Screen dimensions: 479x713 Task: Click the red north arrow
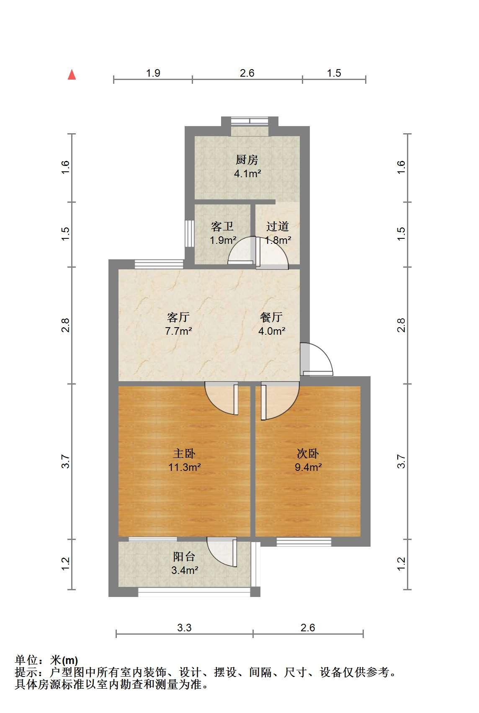point(72,75)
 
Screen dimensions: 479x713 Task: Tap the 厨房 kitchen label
point(247,160)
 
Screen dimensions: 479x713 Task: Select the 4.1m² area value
point(247,173)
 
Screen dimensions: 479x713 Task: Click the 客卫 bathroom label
point(222,226)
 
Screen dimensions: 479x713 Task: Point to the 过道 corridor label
point(277,226)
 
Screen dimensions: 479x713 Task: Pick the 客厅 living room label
point(178,317)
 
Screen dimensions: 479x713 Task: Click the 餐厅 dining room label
point(271,317)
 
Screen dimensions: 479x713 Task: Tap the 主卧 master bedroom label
point(184,453)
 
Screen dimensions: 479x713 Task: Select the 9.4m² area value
point(308,467)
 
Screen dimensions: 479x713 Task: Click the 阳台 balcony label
point(184,556)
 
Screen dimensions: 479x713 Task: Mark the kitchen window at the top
point(250,121)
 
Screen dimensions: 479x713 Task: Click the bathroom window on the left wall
point(190,234)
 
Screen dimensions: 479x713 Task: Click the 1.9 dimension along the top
point(153,73)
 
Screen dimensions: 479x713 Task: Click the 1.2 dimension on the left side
point(65,563)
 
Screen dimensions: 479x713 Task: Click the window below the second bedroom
point(304,542)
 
